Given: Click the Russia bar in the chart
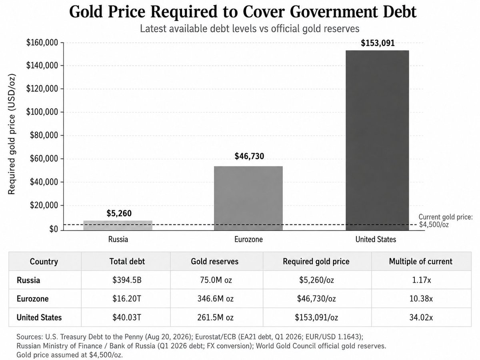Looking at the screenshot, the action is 118,225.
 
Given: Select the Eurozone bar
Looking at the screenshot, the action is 248,198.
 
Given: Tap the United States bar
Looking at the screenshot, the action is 377,140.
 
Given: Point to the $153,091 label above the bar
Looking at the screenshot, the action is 378,43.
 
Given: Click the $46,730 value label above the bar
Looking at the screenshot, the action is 249,156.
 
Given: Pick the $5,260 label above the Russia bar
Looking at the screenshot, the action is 119,213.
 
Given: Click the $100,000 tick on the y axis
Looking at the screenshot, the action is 42,112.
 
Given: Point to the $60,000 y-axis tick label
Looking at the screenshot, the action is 44,158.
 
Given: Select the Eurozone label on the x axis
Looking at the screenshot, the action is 248,239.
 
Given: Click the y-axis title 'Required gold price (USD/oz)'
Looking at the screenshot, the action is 12,134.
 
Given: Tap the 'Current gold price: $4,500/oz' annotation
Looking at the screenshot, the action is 446,221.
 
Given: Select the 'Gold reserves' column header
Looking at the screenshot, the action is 214,262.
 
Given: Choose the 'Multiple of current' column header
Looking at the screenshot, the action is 420,262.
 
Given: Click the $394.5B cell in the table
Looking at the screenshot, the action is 127,280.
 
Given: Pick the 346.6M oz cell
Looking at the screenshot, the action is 215,298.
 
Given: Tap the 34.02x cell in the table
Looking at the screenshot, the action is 421,317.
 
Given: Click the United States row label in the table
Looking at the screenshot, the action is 39,317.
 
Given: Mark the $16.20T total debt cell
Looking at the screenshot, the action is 127,298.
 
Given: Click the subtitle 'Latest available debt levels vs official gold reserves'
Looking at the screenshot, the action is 250,29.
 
